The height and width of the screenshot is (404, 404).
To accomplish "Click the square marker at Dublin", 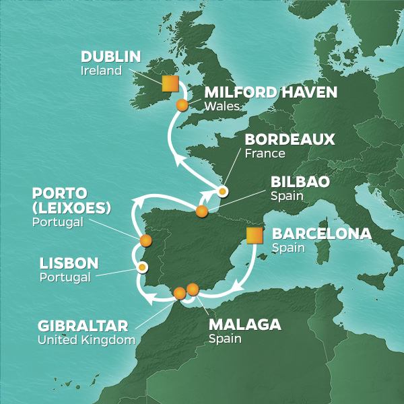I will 170,83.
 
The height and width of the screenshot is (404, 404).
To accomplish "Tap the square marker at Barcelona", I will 255,236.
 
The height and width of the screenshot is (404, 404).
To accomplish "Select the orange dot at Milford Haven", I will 182,105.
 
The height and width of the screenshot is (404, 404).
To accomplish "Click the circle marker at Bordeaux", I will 222,191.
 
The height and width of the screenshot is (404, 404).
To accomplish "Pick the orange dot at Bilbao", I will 201,211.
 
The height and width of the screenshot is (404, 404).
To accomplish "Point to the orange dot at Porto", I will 145,240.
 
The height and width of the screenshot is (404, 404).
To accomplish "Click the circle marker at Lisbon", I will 143,267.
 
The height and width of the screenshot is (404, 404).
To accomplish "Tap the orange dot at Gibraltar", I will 179,293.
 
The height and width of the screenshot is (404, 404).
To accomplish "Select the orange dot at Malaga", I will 193,290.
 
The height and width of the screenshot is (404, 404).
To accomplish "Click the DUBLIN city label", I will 110,57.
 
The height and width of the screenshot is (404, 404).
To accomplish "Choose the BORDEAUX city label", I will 281,139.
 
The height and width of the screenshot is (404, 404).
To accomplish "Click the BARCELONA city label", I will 321,234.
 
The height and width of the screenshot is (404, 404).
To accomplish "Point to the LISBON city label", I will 69,263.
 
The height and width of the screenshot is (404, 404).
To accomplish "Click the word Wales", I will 218,106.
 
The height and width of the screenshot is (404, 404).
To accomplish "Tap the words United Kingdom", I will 86,341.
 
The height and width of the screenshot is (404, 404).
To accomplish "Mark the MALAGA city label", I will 244,325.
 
